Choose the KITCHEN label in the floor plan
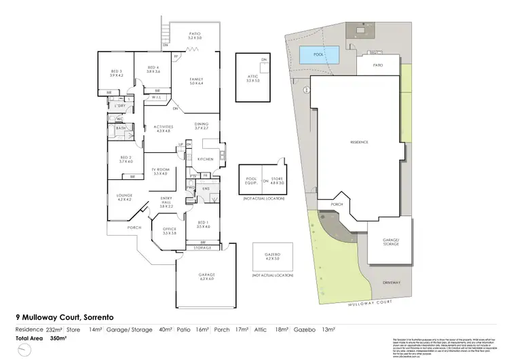(x=205, y=159)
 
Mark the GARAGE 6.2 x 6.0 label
(x=206, y=276)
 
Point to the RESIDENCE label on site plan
(x=358, y=142)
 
